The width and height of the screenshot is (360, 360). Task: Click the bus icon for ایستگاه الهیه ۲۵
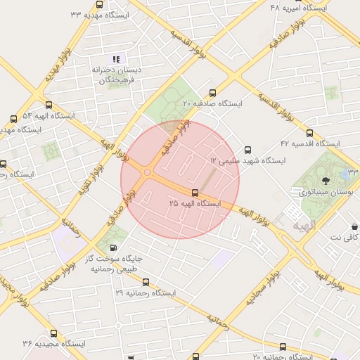point(195,193)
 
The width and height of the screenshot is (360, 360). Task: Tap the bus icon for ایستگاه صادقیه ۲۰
point(213,93)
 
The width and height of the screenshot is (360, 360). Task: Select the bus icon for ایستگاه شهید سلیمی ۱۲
point(247,150)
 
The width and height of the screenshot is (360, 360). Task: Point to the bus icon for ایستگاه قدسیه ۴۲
point(309,132)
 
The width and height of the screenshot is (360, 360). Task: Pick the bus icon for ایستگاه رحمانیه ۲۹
point(146,282)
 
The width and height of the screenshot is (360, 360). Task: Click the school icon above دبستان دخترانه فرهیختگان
point(116,59)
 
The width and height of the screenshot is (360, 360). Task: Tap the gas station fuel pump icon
point(114,247)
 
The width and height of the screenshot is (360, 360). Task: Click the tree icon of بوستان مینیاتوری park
point(324,181)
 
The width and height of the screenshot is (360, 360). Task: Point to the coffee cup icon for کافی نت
point(355,226)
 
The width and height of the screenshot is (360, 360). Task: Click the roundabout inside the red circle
point(148,172)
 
